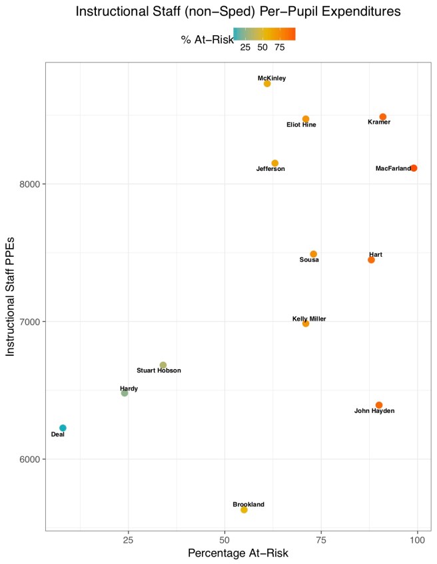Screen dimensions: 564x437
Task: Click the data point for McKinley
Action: coord(267,84)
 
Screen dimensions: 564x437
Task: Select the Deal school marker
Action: coord(63,428)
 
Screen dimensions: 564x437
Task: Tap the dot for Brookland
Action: coord(244,509)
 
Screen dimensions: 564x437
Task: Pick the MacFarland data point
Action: coord(414,168)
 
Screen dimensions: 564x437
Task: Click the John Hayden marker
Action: coord(379,405)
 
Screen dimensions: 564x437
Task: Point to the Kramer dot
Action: coord(383,117)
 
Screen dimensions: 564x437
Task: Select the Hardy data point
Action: coord(125,393)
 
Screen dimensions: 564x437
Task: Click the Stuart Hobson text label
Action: coord(159,370)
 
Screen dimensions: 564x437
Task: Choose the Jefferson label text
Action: coord(270,169)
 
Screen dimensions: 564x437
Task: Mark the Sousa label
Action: coord(309,260)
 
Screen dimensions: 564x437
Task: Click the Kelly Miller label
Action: coord(309,319)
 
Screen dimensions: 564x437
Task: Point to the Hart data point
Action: coord(371,260)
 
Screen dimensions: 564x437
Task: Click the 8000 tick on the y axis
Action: coord(31,184)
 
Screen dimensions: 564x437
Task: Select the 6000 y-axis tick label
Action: coord(31,460)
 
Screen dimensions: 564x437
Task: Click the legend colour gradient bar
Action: coord(264,34)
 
